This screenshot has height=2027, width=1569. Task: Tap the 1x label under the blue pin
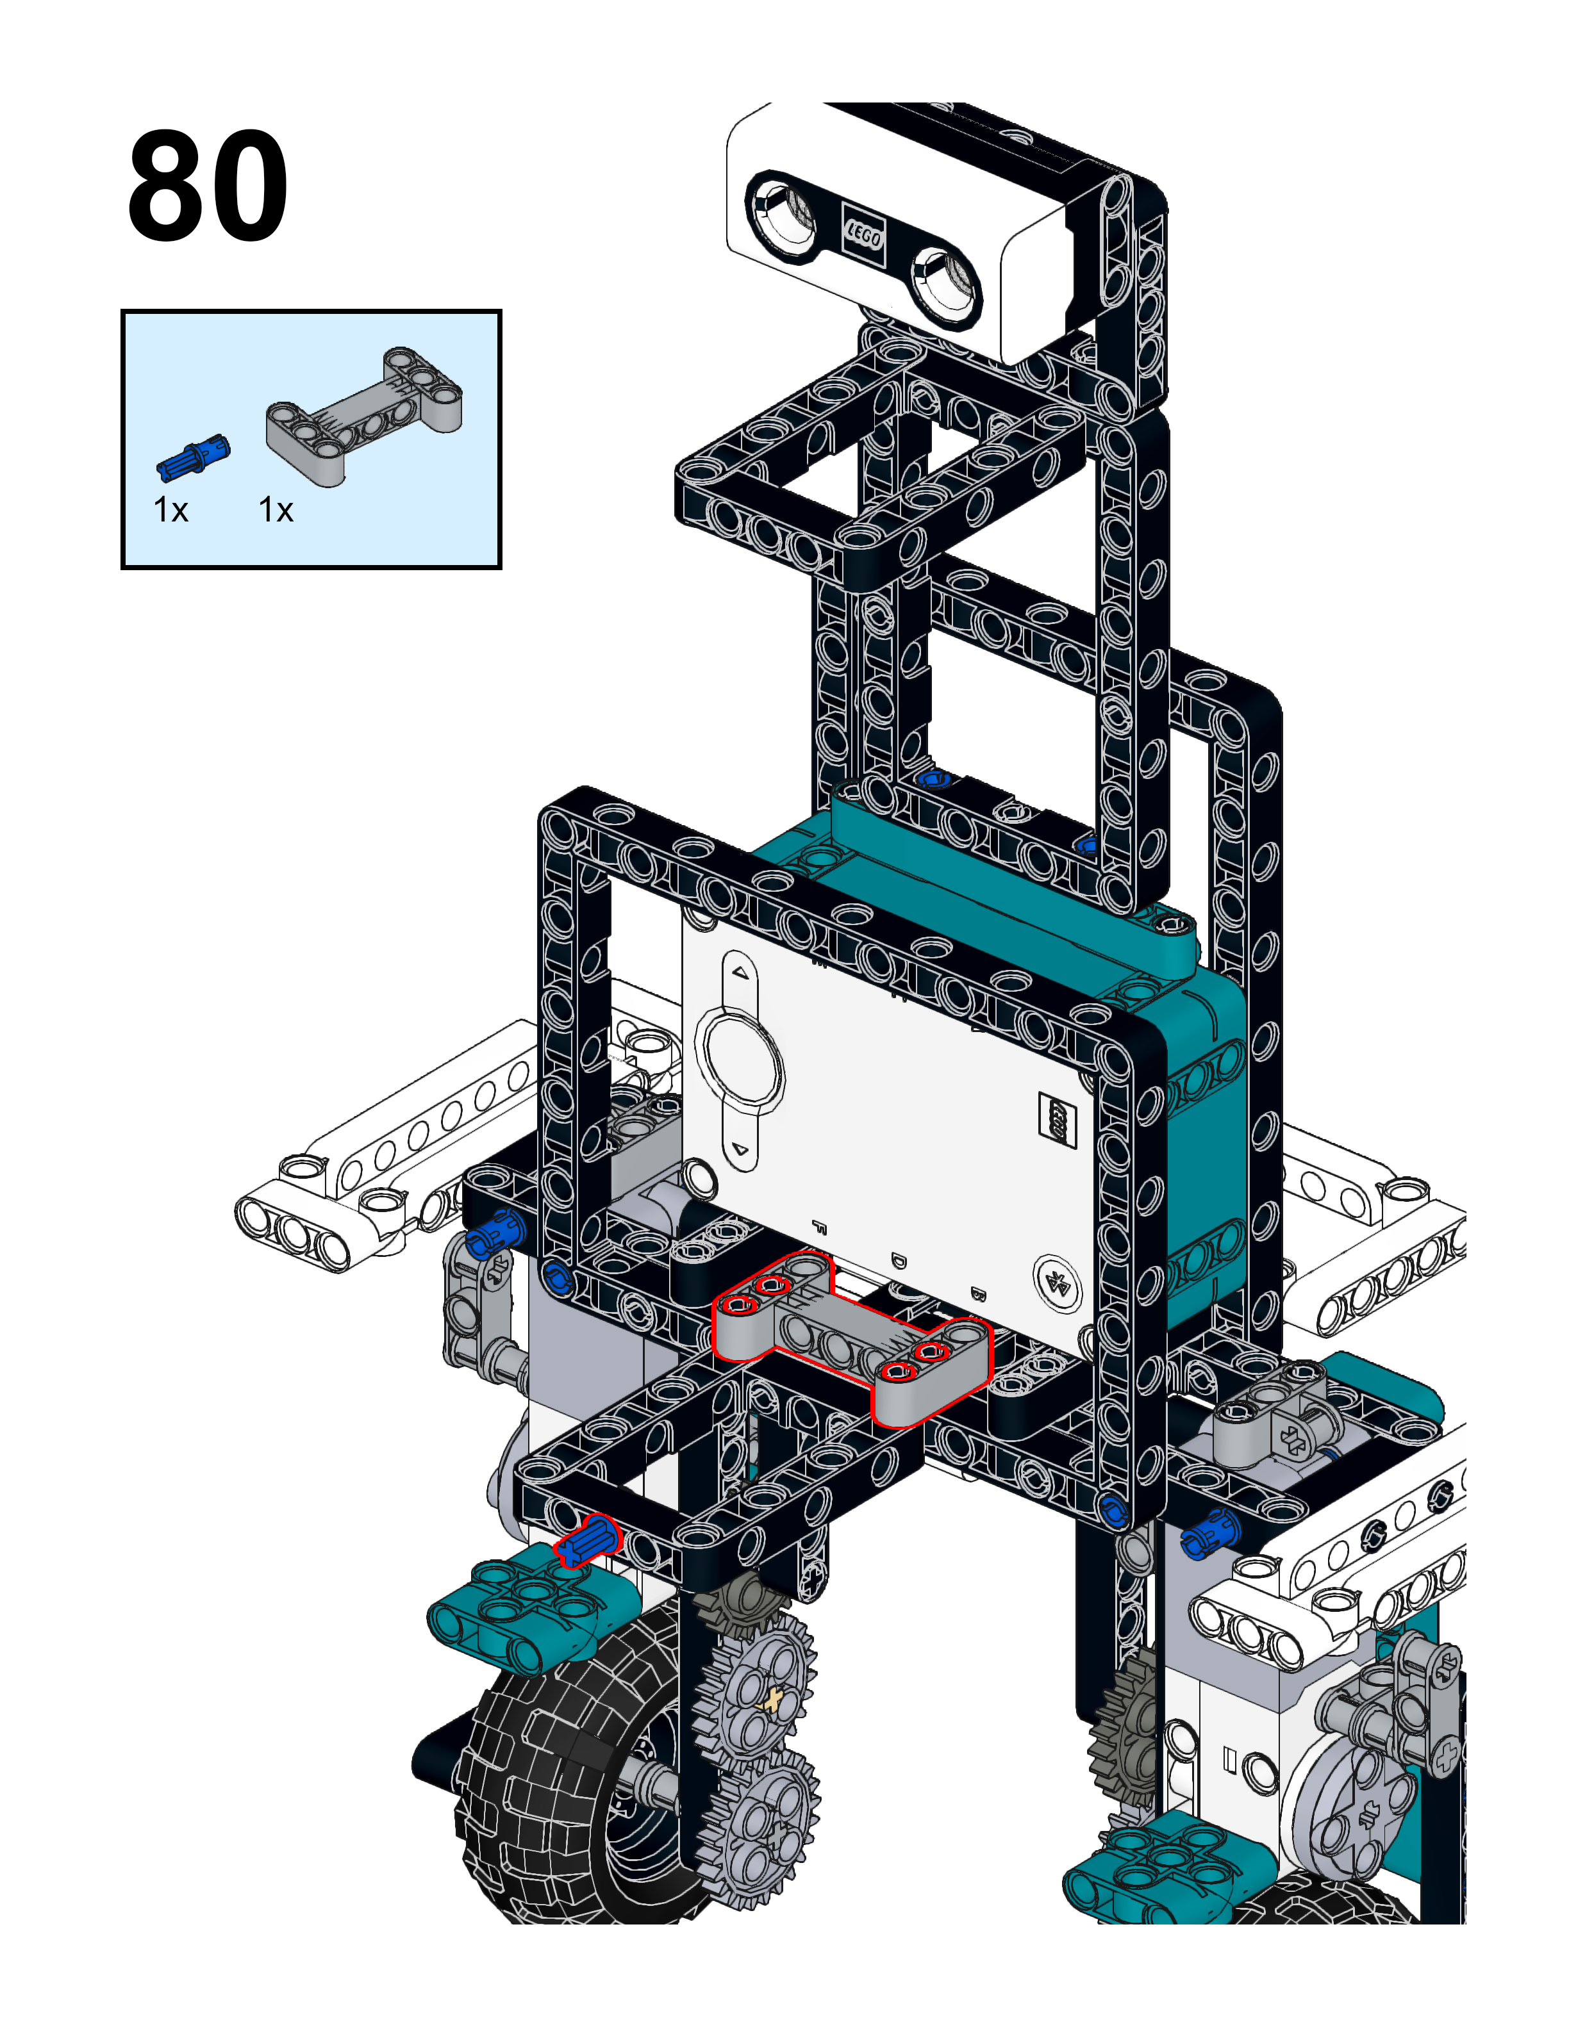pyautogui.click(x=171, y=511)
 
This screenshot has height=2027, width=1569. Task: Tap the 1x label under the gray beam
pyautogui.click(x=276, y=511)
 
